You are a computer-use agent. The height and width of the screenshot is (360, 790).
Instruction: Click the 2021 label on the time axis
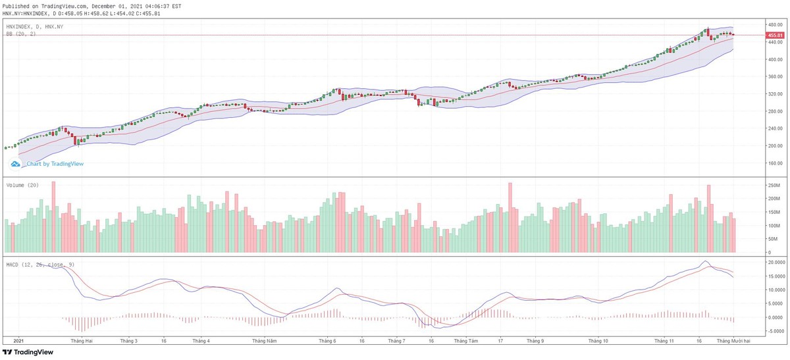point(19,342)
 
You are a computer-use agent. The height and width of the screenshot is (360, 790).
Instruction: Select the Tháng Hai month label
point(82,342)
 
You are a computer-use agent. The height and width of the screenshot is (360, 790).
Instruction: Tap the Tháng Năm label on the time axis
point(263,342)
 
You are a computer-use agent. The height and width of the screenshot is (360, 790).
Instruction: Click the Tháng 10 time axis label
point(598,342)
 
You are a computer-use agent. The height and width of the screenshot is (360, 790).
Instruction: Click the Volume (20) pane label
point(22,186)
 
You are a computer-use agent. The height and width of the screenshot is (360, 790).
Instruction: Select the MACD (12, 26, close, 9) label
point(41,264)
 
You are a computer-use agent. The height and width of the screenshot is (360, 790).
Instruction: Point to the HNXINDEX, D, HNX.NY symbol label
point(34,26)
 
